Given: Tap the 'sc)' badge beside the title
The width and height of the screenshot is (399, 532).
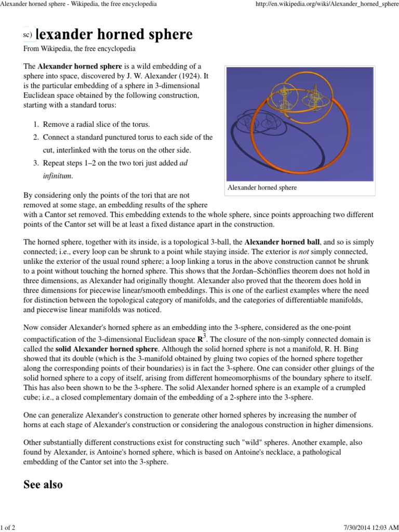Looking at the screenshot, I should pyautogui.click(x=28, y=35).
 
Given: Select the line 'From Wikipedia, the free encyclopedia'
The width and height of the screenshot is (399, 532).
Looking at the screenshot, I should pyautogui.click(x=79, y=49).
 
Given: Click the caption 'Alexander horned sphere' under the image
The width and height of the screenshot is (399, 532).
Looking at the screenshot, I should pyautogui.click(x=262, y=188).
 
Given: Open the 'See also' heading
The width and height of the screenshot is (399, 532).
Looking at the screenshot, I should pyautogui.click(x=43, y=485).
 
